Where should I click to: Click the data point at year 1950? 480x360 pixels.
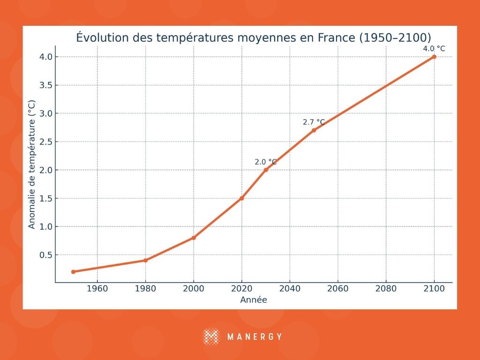(x=73, y=272)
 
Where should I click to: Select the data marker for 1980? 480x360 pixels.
(x=145, y=260)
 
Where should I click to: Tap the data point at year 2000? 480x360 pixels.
(x=194, y=238)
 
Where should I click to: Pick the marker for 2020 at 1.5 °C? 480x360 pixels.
(x=242, y=198)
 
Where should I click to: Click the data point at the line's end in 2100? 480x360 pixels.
(x=434, y=57)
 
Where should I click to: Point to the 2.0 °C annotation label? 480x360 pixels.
(x=266, y=162)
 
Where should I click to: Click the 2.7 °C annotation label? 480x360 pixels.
(x=314, y=122)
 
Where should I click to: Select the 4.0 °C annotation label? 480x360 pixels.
(x=434, y=49)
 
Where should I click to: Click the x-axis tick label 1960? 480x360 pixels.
(x=97, y=289)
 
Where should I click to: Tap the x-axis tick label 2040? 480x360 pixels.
(x=290, y=289)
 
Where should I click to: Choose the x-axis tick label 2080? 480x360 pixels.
(x=386, y=289)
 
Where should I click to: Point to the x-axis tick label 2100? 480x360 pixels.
(x=434, y=289)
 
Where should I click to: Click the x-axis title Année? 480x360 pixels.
(x=254, y=300)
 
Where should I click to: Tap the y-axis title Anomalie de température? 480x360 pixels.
(x=32, y=164)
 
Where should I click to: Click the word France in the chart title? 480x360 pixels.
(x=333, y=38)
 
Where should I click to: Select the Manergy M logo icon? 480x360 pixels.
(x=211, y=337)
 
